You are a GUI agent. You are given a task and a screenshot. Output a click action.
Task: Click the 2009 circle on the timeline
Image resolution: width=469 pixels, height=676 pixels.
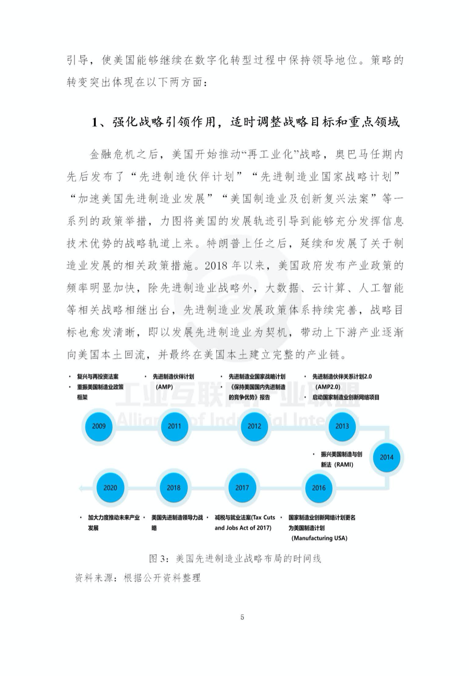(98, 426)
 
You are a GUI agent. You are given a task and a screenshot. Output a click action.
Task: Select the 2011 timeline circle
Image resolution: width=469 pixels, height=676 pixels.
(174, 426)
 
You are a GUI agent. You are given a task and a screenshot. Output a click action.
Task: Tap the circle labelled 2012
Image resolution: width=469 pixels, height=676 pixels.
(254, 426)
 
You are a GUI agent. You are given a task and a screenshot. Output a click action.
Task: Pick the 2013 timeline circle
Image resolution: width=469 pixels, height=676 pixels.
(342, 426)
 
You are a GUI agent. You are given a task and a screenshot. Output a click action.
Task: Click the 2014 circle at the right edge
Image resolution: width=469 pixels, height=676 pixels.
(387, 457)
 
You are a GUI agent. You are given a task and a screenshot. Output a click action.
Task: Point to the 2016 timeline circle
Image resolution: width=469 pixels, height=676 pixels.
(318, 488)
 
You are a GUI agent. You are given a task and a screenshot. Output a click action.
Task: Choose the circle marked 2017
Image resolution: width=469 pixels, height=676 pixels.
(242, 488)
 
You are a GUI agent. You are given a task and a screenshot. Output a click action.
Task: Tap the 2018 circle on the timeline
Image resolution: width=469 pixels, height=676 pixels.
(174, 488)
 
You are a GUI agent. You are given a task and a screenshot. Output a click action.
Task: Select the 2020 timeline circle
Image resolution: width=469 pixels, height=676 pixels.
(110, 488)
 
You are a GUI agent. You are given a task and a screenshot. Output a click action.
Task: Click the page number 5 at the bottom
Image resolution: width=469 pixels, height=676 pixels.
(242, 618)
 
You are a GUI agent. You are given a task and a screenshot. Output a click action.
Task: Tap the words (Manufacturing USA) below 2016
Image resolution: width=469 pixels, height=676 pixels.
(319, 538)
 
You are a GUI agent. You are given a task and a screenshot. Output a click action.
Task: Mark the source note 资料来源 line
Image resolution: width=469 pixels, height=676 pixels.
(138, 578)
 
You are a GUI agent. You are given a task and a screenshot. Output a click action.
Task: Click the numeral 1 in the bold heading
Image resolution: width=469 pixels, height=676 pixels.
(95, 123)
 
